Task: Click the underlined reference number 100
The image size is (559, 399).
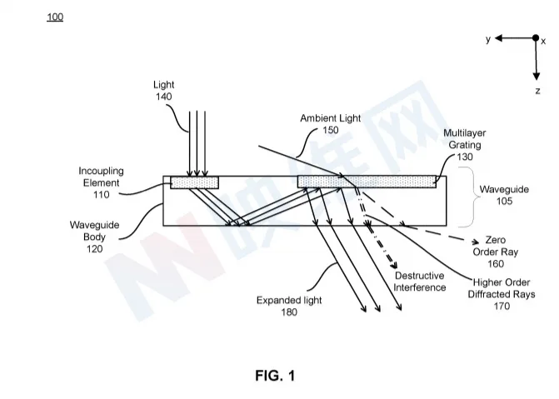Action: pyautogui.click(x=55, y=17)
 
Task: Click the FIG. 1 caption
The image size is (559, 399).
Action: pyautogui.click(x=275, y=376)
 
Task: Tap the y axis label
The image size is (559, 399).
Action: pyautogui.click(x=488, y=38)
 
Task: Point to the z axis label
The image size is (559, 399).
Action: pyautogui.click(x=537, y=91)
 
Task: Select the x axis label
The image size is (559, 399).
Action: pyautogui.click(x=543, y=42)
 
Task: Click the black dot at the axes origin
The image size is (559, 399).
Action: pyautogui.click(x=536, y=37)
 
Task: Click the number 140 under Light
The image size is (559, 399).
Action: pyautogui.click(x=163, y=97)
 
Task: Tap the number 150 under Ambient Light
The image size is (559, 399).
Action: pyautogui.click(x=331, y=130)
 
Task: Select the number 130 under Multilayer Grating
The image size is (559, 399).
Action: pyautogui.click(x=465, y=157)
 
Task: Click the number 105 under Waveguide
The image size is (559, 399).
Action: pyautogui.click(x=504, y=201)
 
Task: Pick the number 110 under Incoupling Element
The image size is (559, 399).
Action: pyautogui.click(x=102, y=195)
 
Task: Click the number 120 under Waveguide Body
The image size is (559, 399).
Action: pyautogui.click(x=94, y=249)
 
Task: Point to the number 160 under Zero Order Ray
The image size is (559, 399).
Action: pyautogui.click(x=496, y=264)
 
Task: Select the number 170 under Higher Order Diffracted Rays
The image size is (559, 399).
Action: pyautogui.click(x=502, y=306)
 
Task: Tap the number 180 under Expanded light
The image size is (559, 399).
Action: pyautogui.click(x=289, y=312)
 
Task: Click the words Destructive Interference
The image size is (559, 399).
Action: pyautogui.click(x=420, y=282)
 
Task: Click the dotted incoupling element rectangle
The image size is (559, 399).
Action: pyautogui.click(x=194, y=182)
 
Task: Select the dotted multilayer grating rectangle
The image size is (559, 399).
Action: pyautogui.click(x=367, y=182)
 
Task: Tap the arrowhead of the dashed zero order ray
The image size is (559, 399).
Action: pyautogui.click(x=475, y=242)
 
